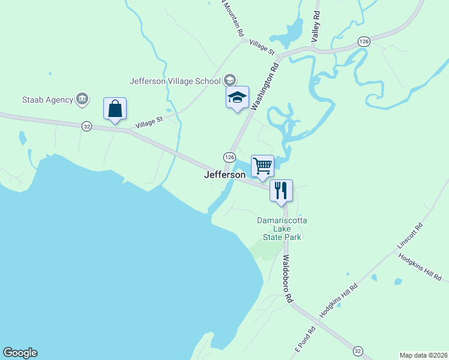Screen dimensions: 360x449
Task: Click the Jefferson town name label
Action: coord(225,175)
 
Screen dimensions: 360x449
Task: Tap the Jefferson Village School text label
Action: coord(174,81)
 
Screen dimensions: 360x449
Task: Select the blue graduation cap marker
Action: coord(237,98)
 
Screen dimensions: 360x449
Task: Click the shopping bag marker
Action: coord(115,109)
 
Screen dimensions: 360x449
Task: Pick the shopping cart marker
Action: coord(262,166)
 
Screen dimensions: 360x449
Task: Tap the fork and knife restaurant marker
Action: coord(281,191)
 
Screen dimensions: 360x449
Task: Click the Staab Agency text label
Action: coord(47,100)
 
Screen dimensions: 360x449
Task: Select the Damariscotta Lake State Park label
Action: coord(282,229)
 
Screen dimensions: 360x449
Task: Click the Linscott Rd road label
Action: coord(410,237)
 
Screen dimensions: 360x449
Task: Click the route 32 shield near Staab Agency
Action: coord(87,126)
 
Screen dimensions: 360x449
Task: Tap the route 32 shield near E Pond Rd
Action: coord(358,350)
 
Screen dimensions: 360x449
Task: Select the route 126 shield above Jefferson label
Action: coord(229,157)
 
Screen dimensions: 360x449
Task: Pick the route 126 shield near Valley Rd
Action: coord(364,41)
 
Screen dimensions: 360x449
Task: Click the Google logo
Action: coord(20,353)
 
